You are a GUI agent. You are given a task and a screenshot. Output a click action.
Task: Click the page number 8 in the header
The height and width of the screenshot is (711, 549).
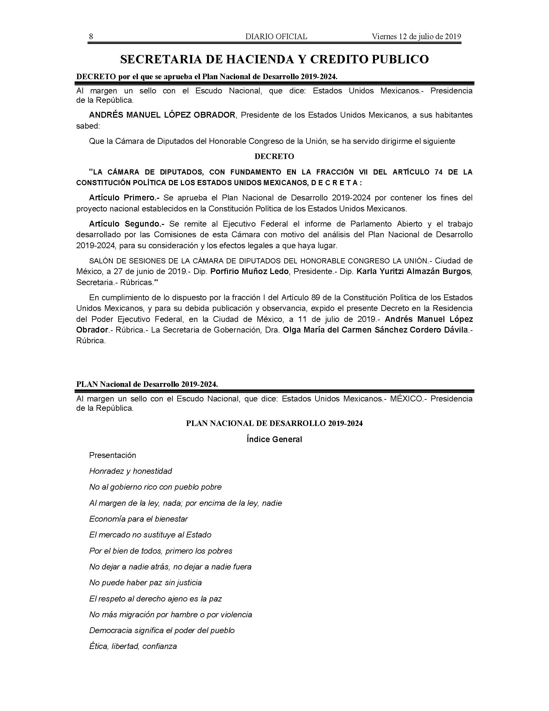pos(91,37)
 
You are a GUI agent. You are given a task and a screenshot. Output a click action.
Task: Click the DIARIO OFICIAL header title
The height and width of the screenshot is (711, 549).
pos(276,37)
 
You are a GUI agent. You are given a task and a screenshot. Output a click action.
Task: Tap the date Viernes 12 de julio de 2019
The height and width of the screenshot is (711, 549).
pos(416,37)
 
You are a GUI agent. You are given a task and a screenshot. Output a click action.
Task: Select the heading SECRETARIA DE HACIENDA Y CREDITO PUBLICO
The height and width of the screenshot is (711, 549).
pos(274,59)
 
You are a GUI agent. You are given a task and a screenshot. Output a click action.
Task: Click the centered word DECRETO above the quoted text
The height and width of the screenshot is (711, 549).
pos(274,157)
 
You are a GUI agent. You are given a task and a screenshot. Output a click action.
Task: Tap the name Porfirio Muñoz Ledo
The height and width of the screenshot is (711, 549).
pos(249,271)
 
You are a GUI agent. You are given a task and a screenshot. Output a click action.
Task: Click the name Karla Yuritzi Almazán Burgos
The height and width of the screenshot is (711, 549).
pos(413,271)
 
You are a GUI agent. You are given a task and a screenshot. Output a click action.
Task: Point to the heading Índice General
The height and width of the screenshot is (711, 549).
pos(274,440)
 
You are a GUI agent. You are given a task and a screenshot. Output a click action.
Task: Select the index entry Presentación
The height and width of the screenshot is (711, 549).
pos(112,455)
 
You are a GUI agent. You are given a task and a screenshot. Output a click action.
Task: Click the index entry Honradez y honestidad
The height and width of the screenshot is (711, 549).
pos(130,471)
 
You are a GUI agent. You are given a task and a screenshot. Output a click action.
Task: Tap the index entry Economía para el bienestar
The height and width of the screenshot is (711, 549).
pos(139,519)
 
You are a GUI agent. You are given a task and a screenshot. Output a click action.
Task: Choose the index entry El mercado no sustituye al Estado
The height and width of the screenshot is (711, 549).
pos(150,535)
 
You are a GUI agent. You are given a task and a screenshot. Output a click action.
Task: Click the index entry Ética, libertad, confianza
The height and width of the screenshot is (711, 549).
pos(133,646)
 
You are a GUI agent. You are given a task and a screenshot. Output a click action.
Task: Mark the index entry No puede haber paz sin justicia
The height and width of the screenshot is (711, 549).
pos(145,582)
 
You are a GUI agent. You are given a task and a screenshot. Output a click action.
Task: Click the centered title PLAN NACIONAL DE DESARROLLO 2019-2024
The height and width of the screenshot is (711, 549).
pos(274,423)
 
